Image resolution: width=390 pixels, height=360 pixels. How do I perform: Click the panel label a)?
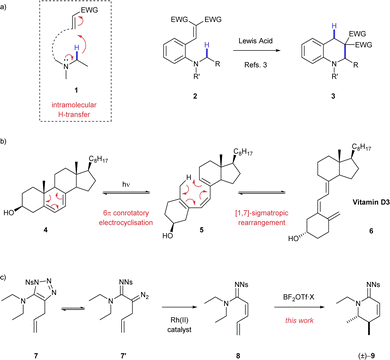coord(7,6)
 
